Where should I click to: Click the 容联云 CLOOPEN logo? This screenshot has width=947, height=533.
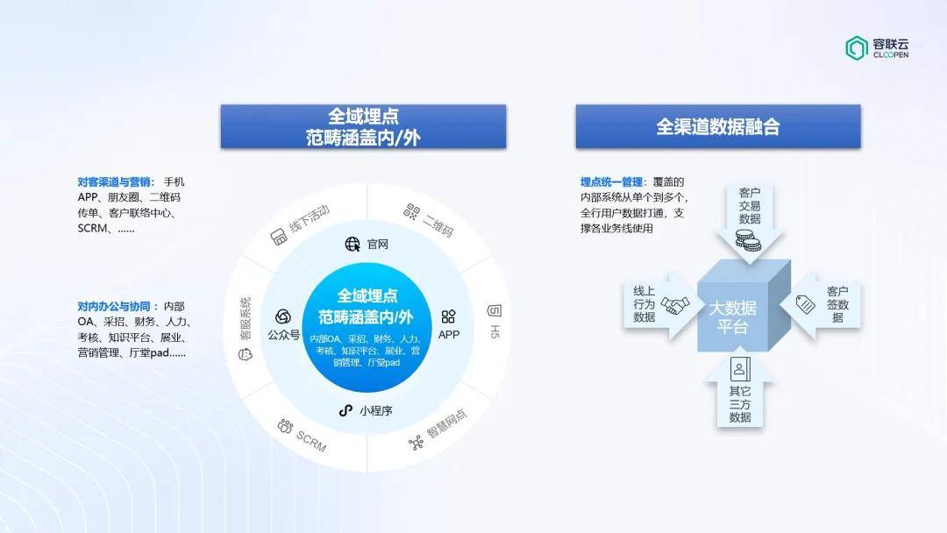click(x=877, y=48)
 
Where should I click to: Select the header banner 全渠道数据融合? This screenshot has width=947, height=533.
click(x=718, y=127)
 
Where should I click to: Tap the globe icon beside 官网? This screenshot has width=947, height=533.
click(x=352, y=244)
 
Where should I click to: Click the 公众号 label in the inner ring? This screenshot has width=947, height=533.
click(x=283, y=334)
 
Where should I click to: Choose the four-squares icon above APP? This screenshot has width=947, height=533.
click(x=449, y=316)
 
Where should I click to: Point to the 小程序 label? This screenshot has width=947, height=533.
click(x=375, y=411)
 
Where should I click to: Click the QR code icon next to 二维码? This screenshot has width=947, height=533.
click(x=412, y=211)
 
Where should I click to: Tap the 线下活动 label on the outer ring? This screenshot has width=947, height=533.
click(x=310, y=218)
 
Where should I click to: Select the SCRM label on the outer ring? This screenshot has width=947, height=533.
click(x=311, y=442)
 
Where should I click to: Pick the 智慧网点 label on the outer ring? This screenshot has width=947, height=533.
click(x=447, y=423)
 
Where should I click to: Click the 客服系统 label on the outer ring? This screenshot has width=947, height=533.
click(x=246, y=319)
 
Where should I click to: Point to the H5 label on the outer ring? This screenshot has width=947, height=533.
click(x=495, y=331)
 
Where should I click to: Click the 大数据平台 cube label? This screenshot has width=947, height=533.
click(x=732, y=317)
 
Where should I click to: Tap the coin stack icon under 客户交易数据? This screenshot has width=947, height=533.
click(x=748, y=240)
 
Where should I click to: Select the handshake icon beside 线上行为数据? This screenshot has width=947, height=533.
click(x=674, y=305)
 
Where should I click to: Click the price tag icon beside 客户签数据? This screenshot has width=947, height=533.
click(x=805, y=304)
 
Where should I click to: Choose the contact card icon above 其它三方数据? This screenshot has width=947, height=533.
click(x=740, y=369)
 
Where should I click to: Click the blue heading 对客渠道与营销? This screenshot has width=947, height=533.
click(x=114, y=181)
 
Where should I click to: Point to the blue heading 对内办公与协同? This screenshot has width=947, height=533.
click(x=114, y=306)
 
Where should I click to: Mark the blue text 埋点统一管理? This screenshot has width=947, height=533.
click(x=611, y=181)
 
